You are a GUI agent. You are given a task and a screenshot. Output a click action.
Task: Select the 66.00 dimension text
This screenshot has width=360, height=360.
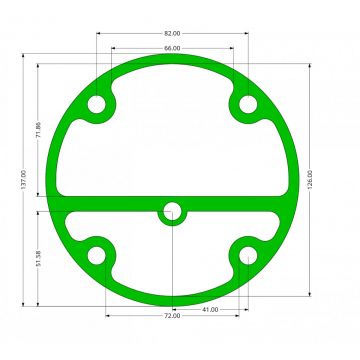(172, 48)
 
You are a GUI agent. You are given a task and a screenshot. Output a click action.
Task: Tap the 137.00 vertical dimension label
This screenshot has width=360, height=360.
(22, 181)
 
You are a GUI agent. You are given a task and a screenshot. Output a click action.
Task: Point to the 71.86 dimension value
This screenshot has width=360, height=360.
(38, 133)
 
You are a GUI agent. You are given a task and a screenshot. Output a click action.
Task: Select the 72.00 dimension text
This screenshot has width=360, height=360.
(172, 317)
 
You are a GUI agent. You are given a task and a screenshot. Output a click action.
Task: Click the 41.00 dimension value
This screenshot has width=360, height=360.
(210, 310)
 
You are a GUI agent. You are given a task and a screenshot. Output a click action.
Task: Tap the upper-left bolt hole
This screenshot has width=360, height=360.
(97, 105)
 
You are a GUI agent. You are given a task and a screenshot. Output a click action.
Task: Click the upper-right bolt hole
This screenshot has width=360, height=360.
(247, 105)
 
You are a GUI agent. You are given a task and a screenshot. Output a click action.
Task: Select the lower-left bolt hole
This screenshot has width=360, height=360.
(97, 257)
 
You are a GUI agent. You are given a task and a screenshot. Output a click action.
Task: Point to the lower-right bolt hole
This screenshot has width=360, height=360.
(247, 257)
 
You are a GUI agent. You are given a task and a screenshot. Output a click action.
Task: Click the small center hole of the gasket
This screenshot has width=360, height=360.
(172, 211)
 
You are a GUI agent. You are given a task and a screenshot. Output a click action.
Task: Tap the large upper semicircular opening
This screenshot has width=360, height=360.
(172, 130)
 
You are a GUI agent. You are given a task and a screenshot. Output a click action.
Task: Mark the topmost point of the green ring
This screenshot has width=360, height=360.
(172, 56)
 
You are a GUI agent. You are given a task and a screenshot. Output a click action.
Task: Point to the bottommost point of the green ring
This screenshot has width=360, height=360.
(172, 306)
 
